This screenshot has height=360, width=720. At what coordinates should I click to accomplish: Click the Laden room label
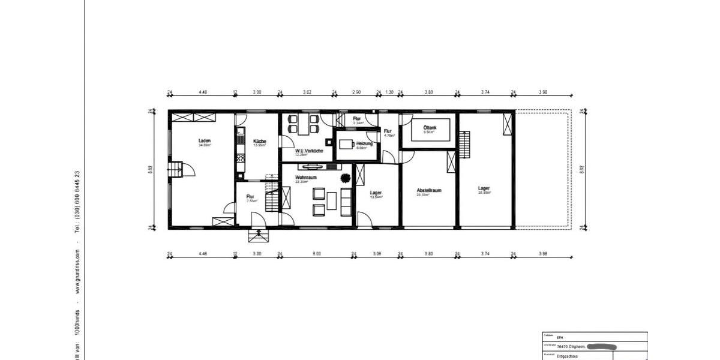click(x=205, y=141)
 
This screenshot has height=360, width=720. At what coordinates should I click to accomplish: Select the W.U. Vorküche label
click(x=309, y=151)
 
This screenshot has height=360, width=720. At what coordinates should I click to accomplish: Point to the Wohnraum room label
click(x=306, y=178)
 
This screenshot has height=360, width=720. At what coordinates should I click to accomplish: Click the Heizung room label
click(x=365, y=144)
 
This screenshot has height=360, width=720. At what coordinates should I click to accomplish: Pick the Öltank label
click(x=430, y=128)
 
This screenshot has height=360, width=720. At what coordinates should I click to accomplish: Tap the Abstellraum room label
click(x=429, y=190)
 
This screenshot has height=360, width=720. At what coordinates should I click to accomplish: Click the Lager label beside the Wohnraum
click(x=376, y=193)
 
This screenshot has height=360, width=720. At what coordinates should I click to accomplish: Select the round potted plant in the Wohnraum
click(x=346, y=178)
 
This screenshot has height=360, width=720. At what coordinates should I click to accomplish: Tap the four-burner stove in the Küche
click(x=240, y=159)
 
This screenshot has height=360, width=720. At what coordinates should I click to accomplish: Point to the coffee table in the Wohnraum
click(x=332, y=200)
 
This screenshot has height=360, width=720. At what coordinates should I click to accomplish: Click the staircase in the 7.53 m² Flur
click(x=272, y=199)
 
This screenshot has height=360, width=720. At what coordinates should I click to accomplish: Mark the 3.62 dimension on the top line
click(x=307, y=92)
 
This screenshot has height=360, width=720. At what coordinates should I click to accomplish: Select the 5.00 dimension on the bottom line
click(x=317, y=254)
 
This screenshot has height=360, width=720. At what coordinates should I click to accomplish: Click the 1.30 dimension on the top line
click(x=389, y=92)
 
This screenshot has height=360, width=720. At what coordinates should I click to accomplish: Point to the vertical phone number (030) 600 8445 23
click(x=77, y=201)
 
